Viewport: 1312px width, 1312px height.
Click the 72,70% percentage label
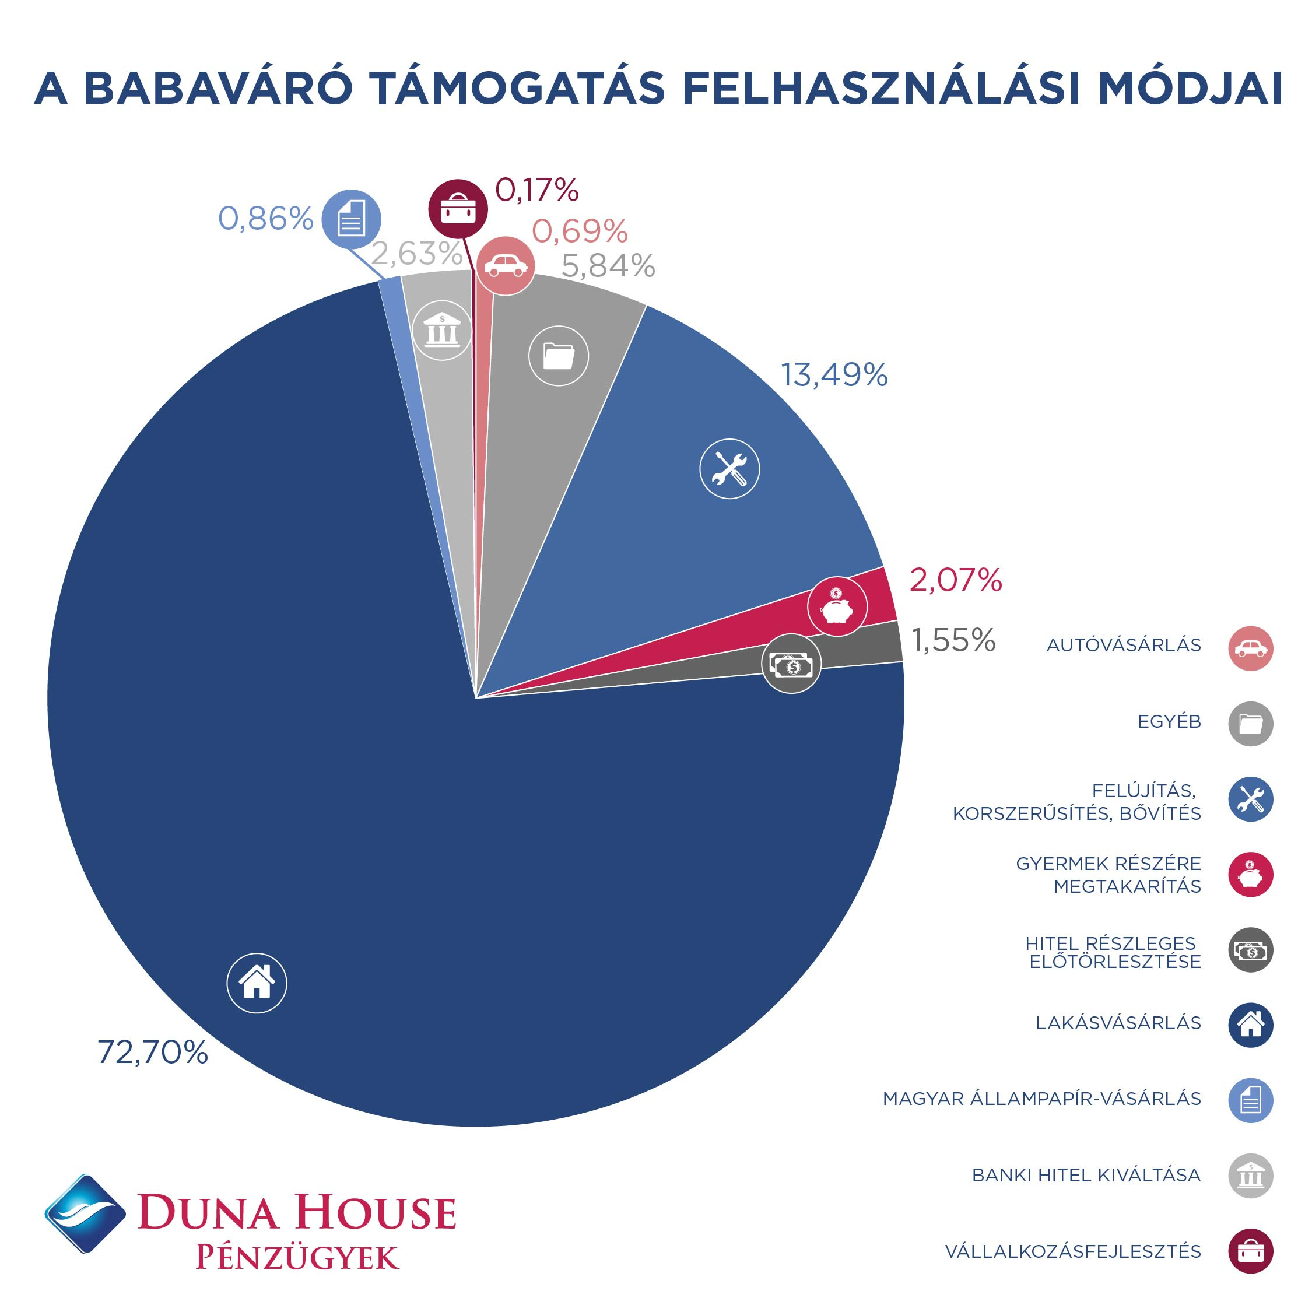click(153, 1052)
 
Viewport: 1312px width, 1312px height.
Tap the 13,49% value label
click(834, 375)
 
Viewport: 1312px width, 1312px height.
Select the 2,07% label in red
click(956, 580)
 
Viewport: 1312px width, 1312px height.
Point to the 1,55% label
click(953, 640)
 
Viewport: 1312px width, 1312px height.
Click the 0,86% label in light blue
click(265, 219)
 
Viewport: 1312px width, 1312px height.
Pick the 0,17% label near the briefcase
click(536, 190)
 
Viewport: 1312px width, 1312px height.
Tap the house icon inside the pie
click(257, 983)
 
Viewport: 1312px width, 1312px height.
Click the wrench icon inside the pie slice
click(729, 469)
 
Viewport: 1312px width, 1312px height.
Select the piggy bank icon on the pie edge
click(837, 606)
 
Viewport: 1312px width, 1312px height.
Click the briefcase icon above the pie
click(458, 209)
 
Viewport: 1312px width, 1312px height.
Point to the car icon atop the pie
click(506, 265)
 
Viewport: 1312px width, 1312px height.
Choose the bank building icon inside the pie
click(442, 330)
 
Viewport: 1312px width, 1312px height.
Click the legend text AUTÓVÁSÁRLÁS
click(1124, 645)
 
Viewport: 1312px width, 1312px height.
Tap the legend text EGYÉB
click(1169, 721)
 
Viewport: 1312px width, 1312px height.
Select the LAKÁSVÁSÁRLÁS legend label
click(1118, 1023)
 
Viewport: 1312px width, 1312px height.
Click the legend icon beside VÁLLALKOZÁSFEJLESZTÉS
click(1250, 1250)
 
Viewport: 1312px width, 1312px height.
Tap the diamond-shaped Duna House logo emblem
click(86, 1213)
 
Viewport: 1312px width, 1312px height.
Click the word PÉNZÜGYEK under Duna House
click(297, 1258)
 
